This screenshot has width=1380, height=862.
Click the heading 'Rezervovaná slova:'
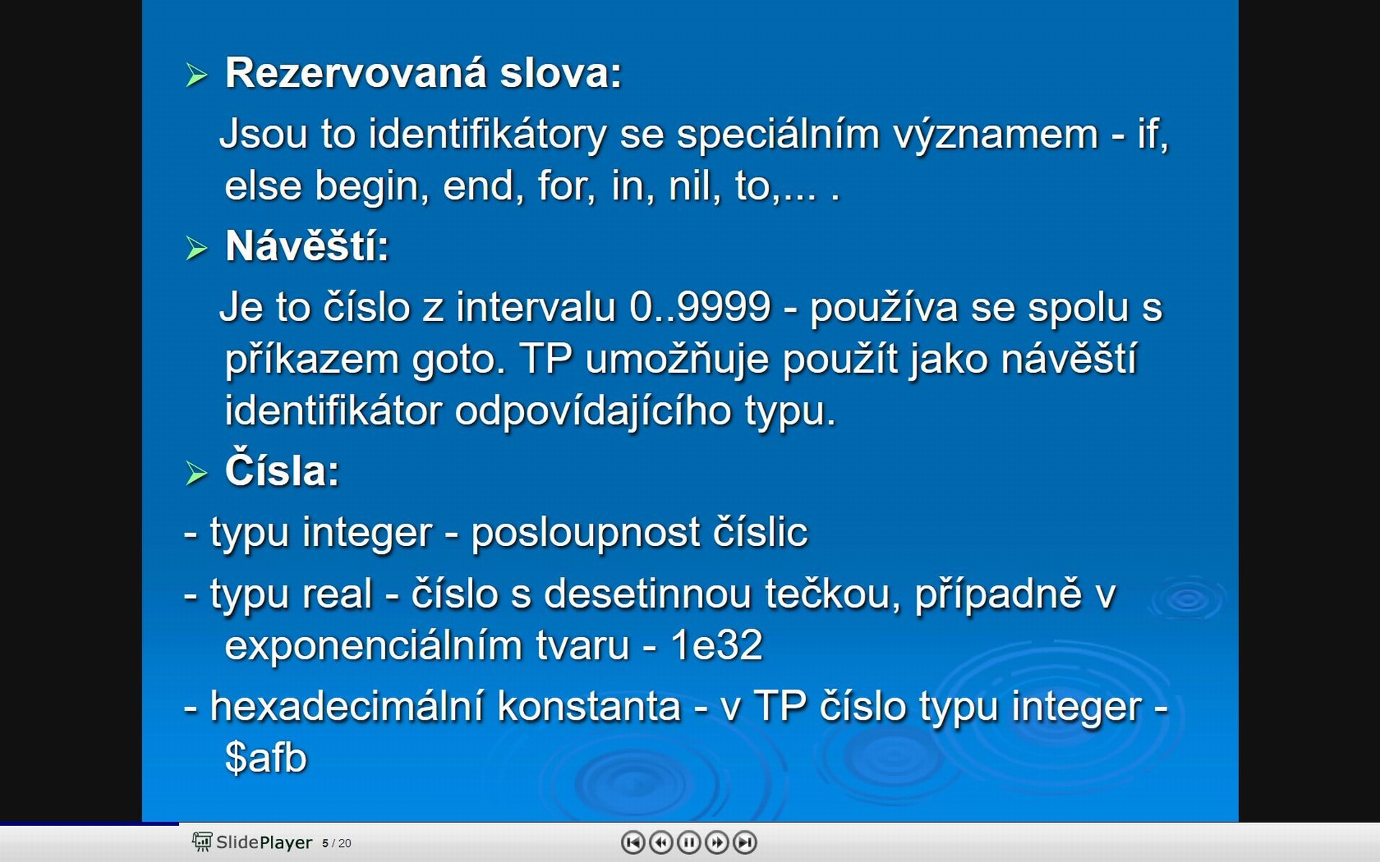click(x=423, y=73)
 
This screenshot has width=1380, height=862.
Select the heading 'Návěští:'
click(x=307, y=246)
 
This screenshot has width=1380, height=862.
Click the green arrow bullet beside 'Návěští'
click(x=196, y=248)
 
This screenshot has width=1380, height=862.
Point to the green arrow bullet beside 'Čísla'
click(x=196, y=473)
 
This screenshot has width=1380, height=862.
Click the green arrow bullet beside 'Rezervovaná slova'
click(x=196, y=75)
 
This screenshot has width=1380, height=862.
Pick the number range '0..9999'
click(x=700, y=307)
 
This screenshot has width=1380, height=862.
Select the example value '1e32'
click(x=716, y=644)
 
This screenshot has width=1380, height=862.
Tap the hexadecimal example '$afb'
click(x=266, y=757)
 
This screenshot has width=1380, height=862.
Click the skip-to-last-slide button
click(x=745, y=842)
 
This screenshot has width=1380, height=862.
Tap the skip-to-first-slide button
click(x=632, y=842)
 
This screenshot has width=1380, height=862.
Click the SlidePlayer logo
click(x=252, y=842)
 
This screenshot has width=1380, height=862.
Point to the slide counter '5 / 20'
click(x=336, y=843)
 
